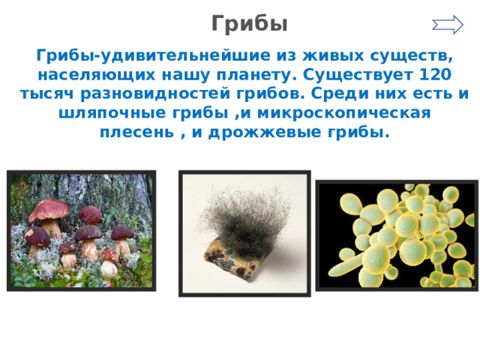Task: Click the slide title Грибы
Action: [x=250, y=24]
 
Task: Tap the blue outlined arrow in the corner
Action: [x=448, y=25]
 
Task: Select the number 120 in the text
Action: [x=434, y=74]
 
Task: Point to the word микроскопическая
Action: [x=344, y=113]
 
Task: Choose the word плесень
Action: [x=137, y=133]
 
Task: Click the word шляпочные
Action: [x=112, y=113]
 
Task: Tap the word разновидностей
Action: [x=155, y=94]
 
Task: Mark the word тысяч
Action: [x=46, y=94]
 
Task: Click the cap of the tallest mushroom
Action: [x=49, y=208]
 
